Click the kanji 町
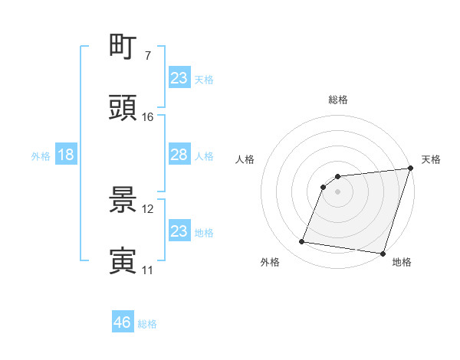point(123,47)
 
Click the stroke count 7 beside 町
point(147,56)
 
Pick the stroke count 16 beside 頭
point(148,117)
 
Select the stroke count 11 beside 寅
point(148,270)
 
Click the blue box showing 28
point(179,155)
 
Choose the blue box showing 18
point(65,155)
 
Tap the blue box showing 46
point(122,322)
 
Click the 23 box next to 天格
point(179,78)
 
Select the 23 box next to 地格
point(179,231)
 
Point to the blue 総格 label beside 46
point(147,324)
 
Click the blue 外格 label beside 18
point(41,156)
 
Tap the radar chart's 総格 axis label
point(338,100)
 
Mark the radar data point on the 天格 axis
point(410,169)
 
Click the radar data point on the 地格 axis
point(383,253)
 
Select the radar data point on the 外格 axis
point(301,242)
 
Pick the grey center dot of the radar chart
point(338,192)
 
